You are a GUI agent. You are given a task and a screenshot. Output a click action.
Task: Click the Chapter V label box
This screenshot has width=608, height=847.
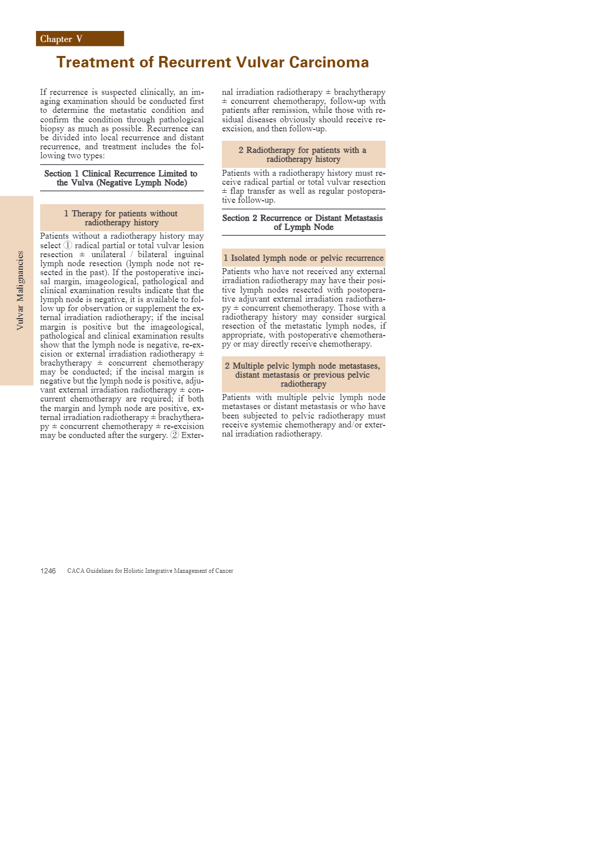click(80, 39)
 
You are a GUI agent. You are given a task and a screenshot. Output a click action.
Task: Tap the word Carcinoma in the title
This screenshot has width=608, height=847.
click(329, 62)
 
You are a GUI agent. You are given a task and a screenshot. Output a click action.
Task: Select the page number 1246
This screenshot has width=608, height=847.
click(48, 571)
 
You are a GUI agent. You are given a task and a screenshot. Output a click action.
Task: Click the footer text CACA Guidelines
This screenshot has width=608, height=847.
click(150, 571)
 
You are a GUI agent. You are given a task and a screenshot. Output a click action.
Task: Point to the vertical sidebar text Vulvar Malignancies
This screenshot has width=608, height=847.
click(20, 290)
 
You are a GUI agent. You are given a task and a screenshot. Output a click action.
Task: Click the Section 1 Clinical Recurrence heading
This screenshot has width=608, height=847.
click(121, 178)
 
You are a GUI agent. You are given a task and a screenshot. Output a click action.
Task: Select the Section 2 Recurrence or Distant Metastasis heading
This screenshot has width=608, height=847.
click(303, 222)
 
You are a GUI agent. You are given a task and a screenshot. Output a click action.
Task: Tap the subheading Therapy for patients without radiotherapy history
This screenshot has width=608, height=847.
click(121, 218)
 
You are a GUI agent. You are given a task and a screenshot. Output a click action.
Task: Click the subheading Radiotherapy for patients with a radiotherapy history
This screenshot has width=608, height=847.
click(303, 154)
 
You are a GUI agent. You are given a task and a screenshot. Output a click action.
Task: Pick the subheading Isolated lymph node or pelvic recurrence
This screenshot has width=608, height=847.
click(304, 258)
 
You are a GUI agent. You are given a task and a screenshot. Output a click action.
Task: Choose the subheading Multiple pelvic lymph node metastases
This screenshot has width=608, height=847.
click(303, 375)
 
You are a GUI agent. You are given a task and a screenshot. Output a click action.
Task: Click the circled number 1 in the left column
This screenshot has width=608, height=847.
click(68, 245)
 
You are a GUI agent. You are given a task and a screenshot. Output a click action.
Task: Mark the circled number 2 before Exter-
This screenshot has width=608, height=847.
click(174, 435)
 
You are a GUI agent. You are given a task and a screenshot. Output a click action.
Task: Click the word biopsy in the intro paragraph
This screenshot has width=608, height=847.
click(52, 128)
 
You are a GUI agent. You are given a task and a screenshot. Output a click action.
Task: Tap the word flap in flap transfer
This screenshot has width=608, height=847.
click(237, 191)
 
